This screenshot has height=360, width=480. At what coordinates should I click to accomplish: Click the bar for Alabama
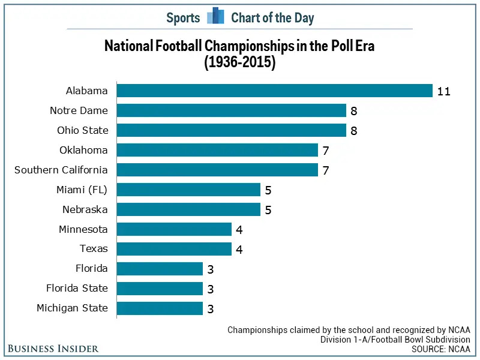[274, 91]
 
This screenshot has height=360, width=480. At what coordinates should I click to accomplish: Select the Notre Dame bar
[231, 110]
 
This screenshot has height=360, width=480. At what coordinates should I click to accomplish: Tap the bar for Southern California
[217, 170]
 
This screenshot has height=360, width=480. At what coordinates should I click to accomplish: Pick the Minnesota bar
[173, 229]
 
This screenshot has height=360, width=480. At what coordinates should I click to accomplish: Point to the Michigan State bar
[159, 308]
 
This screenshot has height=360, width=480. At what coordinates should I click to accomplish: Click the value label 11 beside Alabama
[443, 91]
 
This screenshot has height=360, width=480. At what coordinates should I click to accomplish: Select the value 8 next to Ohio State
[354, 131]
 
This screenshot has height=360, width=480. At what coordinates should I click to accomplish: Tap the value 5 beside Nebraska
[268, 210]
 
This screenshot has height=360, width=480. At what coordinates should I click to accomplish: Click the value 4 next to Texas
[239, 250]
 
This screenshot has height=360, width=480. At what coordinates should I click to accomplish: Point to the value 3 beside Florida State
[211, 289]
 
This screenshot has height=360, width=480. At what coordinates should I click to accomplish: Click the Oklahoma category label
[83, 150]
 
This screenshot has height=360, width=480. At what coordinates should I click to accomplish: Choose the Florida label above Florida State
[91, 268]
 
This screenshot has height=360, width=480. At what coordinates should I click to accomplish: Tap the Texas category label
[94, 248]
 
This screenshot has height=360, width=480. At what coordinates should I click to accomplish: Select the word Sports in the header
[183, 18]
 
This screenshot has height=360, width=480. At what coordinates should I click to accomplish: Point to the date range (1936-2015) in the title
[239, 63]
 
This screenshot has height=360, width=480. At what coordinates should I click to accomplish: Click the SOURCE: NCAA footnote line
[440, 349]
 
